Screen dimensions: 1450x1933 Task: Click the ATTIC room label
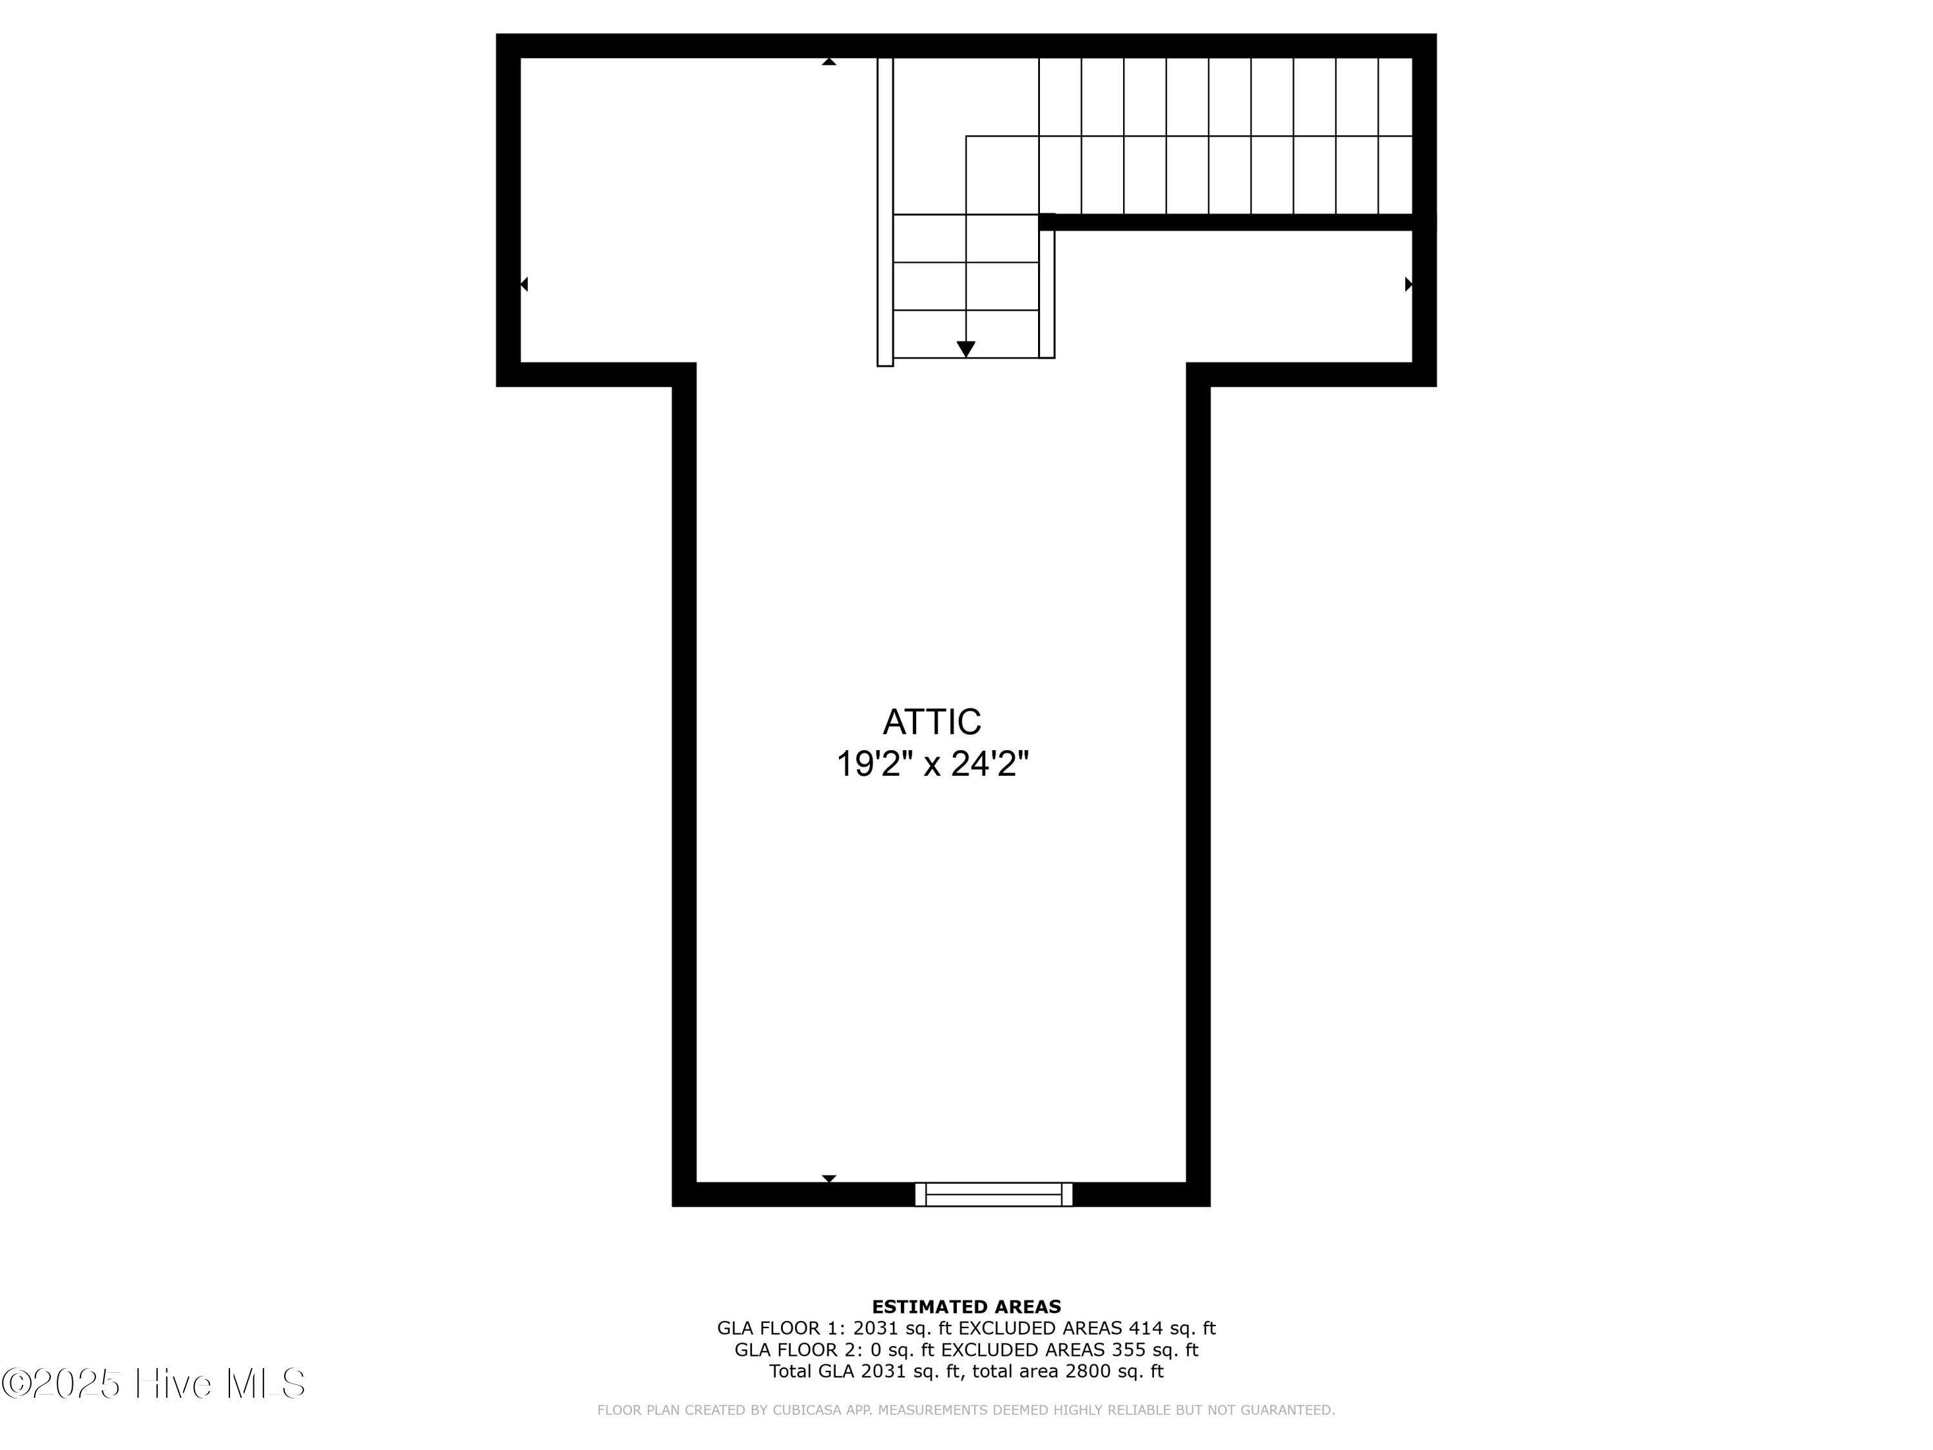(932, 722)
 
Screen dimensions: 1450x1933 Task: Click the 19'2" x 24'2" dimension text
(932, 764)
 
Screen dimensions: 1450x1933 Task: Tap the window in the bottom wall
(994, 1194)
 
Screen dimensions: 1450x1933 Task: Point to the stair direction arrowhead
(966, 349)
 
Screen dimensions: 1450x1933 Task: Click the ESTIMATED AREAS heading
(966, 1307)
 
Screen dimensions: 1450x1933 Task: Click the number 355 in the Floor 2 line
(1128, 1349)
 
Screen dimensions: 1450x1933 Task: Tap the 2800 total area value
(1088, 1371)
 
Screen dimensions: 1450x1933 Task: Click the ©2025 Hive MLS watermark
(153, 1384)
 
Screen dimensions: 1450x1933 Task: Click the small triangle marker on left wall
(524, 284)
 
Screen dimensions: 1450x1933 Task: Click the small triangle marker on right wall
(1408, 284)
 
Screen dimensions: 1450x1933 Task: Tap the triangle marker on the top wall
(829, 62)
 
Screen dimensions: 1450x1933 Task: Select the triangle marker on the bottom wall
(829, 1178)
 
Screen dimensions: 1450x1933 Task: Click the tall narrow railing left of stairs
(885, 209)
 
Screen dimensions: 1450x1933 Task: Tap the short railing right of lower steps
(1047, 293)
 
